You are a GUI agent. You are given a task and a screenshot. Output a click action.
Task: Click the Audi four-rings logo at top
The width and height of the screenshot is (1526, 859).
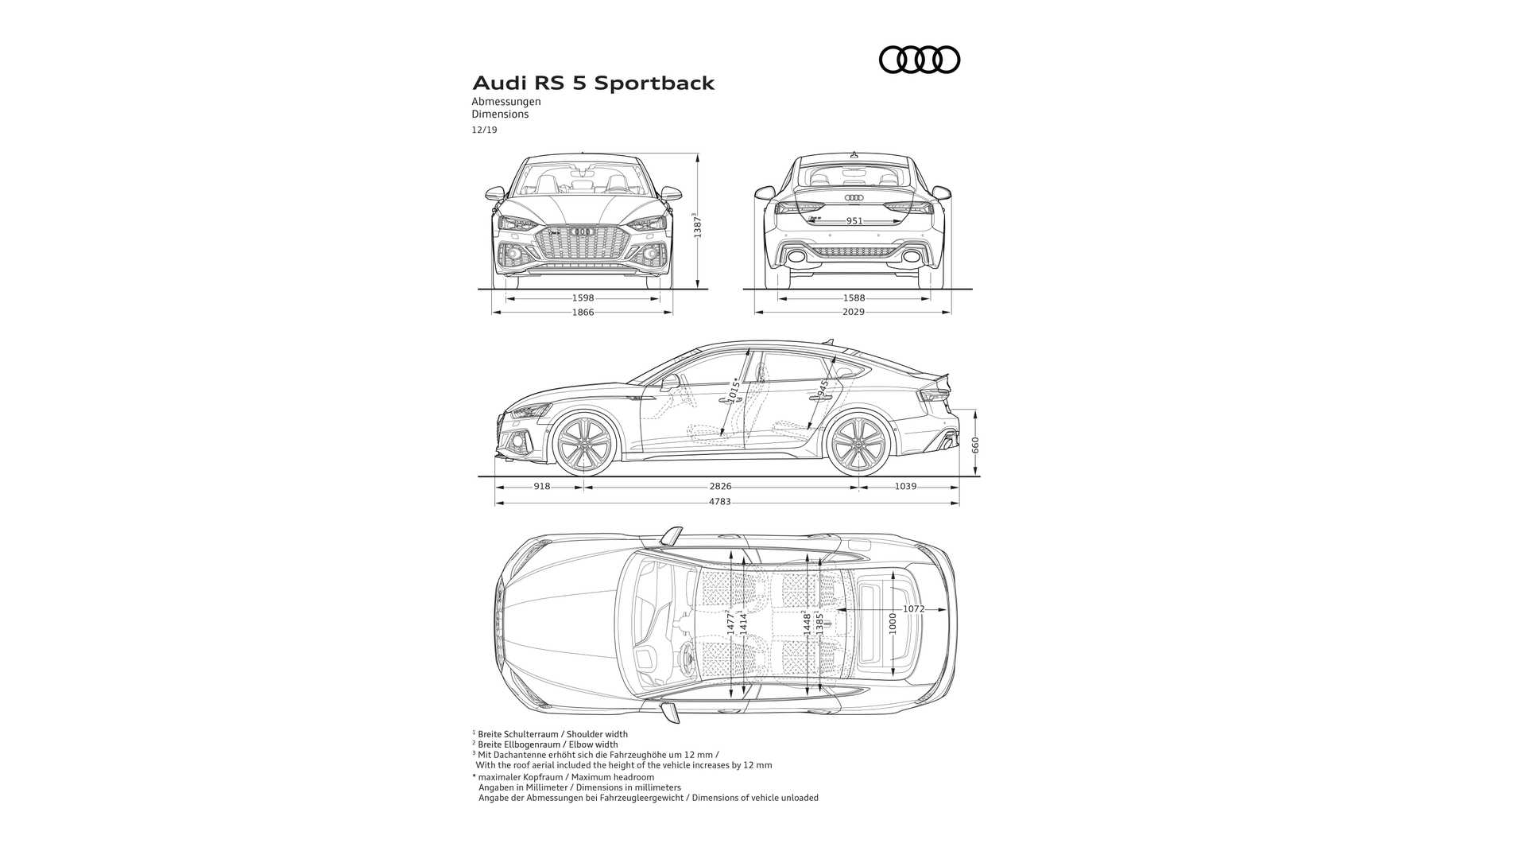(919, 60)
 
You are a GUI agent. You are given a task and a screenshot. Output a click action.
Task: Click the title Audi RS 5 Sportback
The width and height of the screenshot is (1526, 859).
(593, 84)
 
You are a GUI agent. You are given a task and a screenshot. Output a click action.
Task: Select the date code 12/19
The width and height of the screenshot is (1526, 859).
(484, 130)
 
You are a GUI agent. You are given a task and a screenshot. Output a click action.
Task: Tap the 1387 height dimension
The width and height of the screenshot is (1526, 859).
(697, 225)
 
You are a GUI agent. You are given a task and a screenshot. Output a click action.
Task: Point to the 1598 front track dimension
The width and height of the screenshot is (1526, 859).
(583, 298)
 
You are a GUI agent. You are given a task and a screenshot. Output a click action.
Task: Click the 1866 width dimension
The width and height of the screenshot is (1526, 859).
(583, 313)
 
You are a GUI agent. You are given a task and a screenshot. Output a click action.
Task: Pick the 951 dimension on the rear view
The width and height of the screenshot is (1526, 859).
(854, 221)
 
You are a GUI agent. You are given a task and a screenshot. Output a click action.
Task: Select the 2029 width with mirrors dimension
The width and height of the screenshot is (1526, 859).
(853, 313)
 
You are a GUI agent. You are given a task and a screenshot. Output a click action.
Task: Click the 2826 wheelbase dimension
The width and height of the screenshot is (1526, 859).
(720, 486)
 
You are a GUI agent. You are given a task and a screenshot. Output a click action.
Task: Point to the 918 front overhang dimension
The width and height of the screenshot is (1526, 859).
(541, 486)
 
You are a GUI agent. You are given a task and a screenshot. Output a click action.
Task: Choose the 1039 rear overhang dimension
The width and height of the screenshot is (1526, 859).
(905, 486)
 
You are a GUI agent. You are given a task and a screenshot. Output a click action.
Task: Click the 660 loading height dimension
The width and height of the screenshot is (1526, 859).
(975, 445)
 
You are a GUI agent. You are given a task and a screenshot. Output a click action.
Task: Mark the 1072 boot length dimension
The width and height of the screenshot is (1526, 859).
(913, 609)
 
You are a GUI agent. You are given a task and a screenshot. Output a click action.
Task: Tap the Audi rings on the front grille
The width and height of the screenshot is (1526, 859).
(583, 231)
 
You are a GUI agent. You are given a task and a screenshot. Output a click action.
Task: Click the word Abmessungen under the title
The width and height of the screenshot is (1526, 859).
(505, 102)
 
